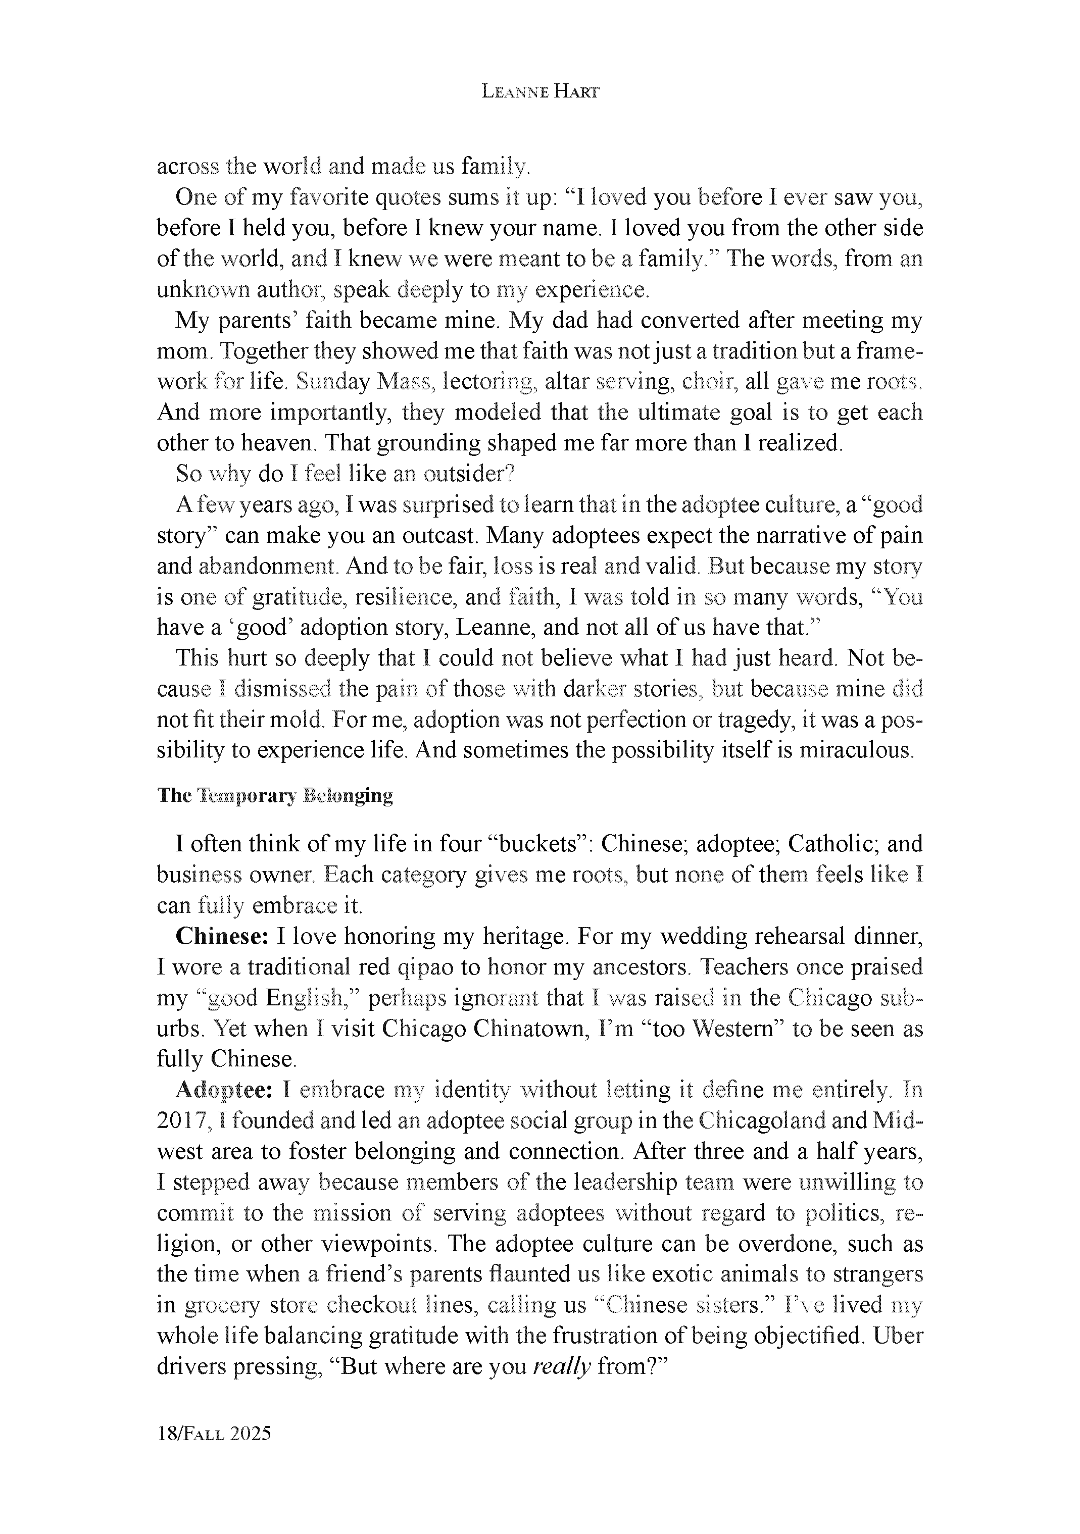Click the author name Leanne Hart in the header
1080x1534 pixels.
coord(540,93)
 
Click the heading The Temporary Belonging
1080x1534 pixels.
coord(275,795)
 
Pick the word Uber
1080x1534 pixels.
coord(898,1336)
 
